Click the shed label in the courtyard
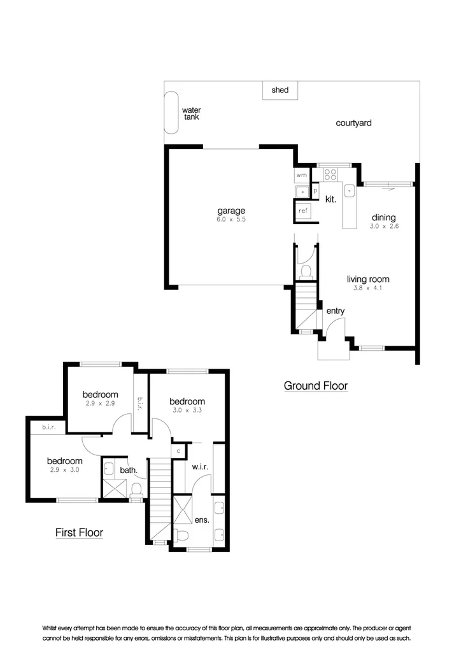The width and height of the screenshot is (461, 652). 280,90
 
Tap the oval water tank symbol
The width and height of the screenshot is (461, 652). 172,111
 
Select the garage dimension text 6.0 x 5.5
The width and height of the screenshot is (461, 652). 230,220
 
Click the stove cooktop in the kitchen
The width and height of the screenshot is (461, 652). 330,174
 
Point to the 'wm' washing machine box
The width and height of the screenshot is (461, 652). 301,174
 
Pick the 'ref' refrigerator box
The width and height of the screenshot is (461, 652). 303,209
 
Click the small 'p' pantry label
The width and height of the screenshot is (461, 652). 315,190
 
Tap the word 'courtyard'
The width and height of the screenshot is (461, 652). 353,123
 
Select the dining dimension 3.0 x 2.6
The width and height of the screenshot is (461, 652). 385,226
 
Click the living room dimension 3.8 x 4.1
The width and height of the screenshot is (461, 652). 368,288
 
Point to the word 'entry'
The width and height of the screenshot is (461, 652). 336,311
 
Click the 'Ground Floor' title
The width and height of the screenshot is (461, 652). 315,386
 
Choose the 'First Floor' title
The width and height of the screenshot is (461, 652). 79,532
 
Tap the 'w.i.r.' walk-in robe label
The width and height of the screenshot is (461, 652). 200,467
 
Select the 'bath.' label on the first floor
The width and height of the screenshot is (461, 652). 128,471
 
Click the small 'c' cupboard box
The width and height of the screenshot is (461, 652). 179,451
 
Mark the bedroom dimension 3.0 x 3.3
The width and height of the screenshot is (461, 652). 187,411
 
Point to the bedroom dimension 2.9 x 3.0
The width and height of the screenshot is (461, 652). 64,470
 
